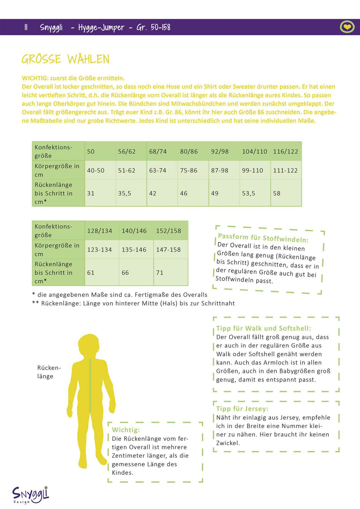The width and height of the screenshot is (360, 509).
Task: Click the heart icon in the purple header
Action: tap(347, 27)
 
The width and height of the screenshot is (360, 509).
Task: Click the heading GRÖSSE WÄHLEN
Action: tap(65, 59)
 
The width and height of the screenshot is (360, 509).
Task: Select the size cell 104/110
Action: tap(255, 152)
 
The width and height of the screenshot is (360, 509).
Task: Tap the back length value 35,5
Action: tap(124, 193)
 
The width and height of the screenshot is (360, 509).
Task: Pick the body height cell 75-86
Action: tap(189, 171)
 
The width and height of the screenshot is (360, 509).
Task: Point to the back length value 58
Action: tap(277, 193)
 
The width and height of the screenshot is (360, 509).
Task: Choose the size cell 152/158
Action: tap(168, 231)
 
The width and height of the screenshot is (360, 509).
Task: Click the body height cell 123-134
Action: tap(99, 250)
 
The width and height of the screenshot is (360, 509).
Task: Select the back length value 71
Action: tap(160, 273)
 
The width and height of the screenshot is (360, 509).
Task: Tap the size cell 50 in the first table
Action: tap(91, 152)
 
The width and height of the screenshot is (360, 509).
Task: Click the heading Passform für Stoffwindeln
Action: tap(263, 238)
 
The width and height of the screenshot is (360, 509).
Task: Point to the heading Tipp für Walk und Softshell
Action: tap(263, 328)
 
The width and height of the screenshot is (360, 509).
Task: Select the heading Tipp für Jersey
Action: tap(242, 409)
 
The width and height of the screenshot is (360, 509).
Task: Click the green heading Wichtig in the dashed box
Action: tap(126, 430)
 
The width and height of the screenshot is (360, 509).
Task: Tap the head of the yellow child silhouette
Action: tap(90, 347)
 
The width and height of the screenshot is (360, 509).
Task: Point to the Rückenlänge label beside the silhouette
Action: tap(49, 372)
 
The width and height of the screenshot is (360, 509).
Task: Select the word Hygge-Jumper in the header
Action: tap(101, 27)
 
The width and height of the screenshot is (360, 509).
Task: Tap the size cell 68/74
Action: tap(158, 152)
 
